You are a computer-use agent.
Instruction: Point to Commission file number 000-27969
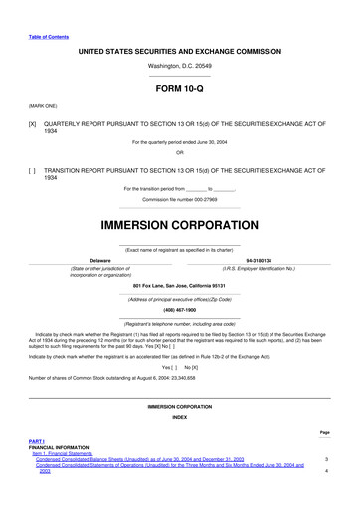179,199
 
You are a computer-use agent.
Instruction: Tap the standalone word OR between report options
179,152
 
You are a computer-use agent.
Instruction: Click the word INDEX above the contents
179,417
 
